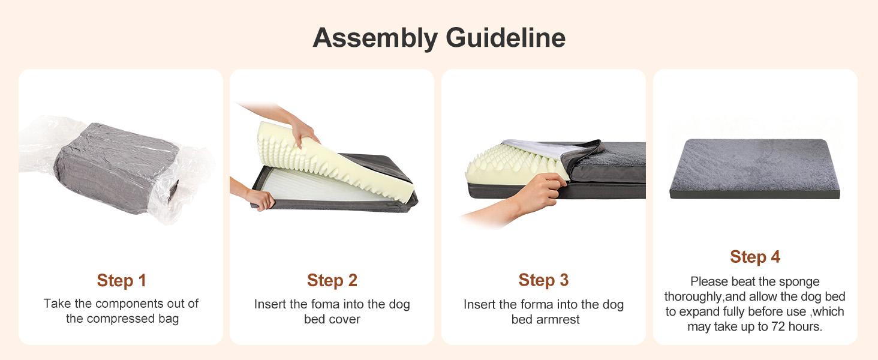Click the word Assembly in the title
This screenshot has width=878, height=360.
coord(375,38)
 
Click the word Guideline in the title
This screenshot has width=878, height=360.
coord(506,38)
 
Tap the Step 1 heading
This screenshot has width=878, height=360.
coord(122,280)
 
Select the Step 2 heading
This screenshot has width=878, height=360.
coord(332,280)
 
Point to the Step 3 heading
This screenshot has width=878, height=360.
coord(543,280)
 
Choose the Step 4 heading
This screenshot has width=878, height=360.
coord(755,257)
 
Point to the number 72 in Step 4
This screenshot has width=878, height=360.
coord(778,326)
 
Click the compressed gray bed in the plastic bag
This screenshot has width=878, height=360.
coord(116,169)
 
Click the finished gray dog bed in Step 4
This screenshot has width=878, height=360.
coord(754,169)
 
